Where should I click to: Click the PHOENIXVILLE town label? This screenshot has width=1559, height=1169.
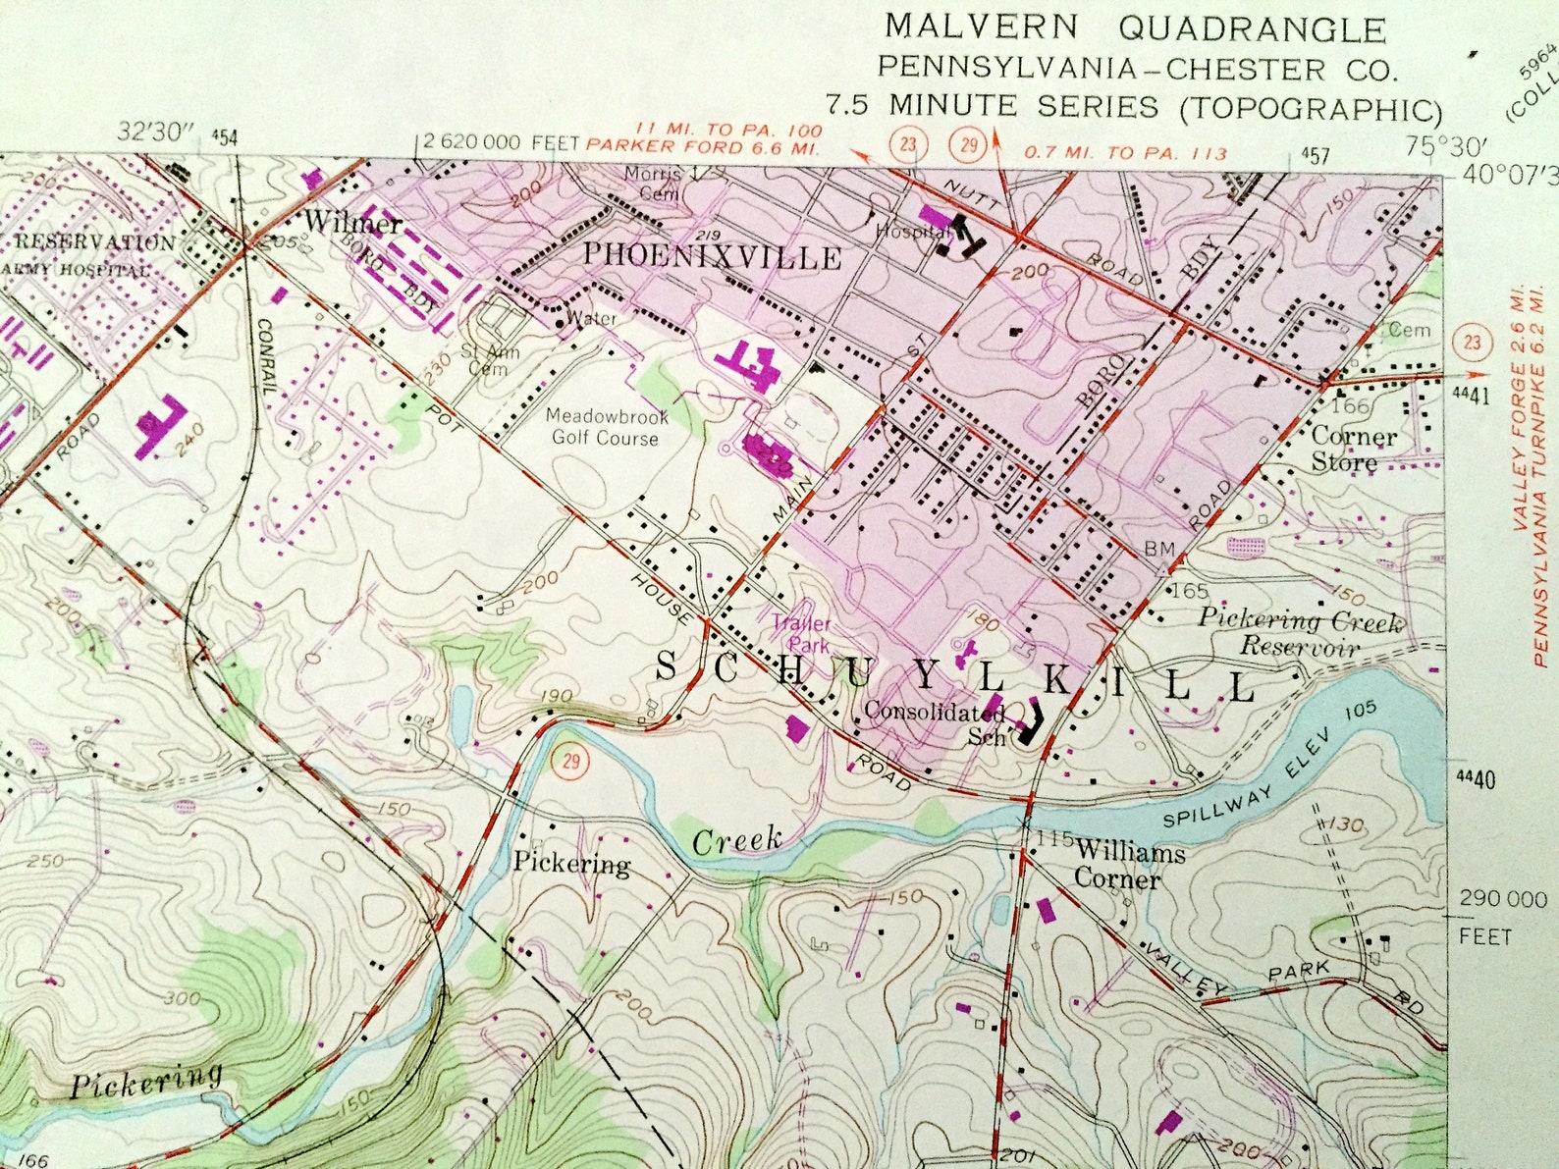point(713,257)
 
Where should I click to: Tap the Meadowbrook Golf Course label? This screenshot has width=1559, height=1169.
point(606,427)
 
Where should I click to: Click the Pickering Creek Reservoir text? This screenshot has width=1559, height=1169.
point(1299,633)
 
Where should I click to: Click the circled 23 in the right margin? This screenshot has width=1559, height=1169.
point(1471,343)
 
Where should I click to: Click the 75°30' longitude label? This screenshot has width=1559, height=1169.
point(1434,147)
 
